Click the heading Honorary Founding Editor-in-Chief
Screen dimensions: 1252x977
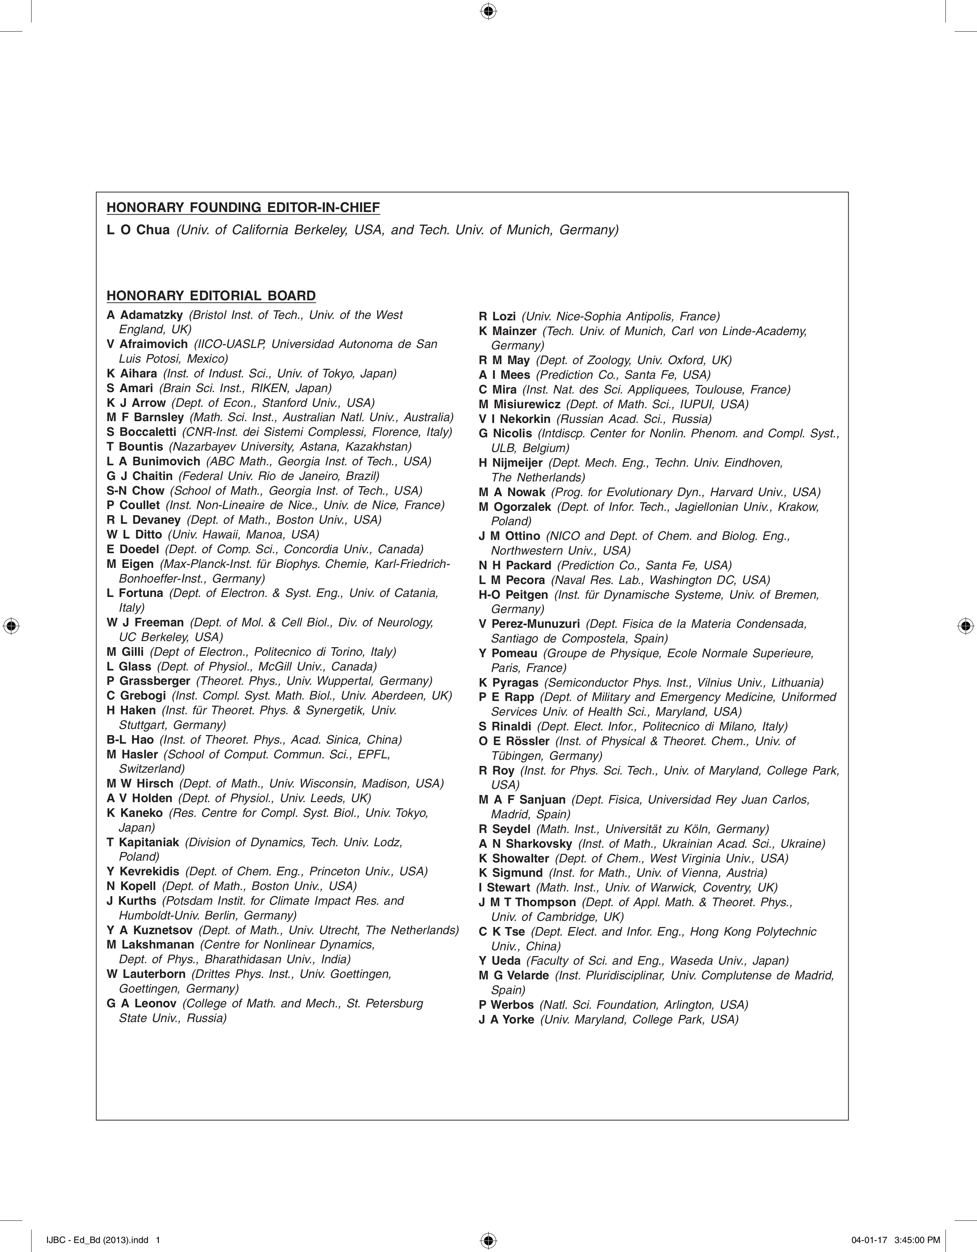(243, 207)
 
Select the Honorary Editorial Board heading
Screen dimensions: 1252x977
(211, 296)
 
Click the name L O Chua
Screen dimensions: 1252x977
(138, 230)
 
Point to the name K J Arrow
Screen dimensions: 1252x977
(136, 403)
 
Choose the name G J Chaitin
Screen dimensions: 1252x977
(139, 476)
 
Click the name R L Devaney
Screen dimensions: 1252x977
(143, 520)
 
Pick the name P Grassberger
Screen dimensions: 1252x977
(148, 681)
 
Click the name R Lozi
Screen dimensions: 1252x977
(497, 316)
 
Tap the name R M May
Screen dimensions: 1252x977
(504, 360)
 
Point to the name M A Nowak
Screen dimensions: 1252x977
(512, 492)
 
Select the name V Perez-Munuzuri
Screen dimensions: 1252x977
(529, 624)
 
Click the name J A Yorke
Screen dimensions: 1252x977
(506, 1019)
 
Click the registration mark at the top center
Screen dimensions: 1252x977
(488, 11)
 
